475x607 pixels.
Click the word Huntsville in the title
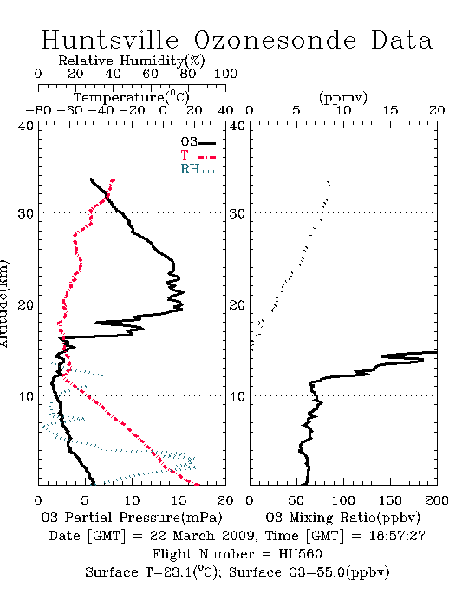tap(110, 40)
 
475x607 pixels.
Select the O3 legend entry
tap(198, 142)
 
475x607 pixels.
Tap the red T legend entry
tap(198, 155)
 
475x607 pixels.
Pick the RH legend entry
tap(198, 169)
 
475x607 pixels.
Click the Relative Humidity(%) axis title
tap(132, 61)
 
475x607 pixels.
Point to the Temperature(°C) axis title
tap(132, 97)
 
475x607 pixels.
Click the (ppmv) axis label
tap(343, 97)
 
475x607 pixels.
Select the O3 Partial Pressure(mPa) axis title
tap(132, 517)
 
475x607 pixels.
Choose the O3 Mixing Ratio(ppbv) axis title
tap(342, 517)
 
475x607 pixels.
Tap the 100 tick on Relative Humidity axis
tap(225, 74)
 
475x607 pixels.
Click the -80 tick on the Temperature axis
tap(38, 110)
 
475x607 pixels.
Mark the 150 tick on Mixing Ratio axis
tap(390, 500)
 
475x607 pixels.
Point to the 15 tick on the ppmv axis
tap(390, 110)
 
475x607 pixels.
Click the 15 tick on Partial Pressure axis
tap(179, 500)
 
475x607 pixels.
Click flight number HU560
tap(300, 554)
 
